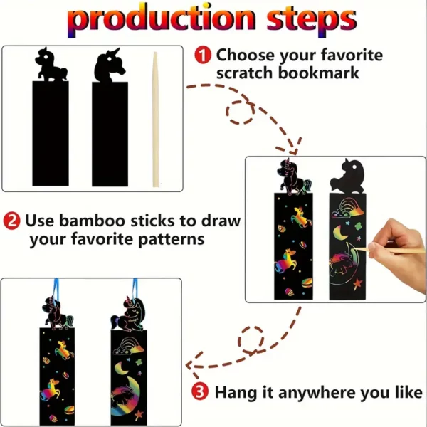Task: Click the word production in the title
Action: [162, 20]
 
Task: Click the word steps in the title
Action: [311, 21]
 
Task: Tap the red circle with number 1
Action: [203, 55]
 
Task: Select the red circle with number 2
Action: [11, 221]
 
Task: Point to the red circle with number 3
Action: [200, 392]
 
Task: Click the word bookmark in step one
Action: [319, 73]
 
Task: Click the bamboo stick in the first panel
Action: [155, 120]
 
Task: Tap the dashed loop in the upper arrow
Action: [241, 112]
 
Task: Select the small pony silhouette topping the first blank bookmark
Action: [51, 65]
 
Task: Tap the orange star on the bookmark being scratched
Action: [357, 283]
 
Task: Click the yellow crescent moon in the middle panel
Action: [339, 232]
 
